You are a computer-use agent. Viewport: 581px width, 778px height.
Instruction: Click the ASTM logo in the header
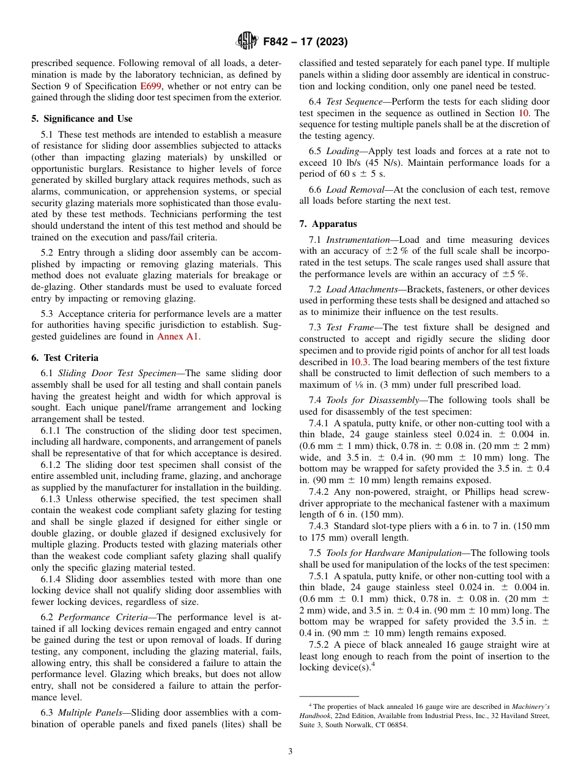(247, 41)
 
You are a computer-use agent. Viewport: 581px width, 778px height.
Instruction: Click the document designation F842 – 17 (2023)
(305, 42)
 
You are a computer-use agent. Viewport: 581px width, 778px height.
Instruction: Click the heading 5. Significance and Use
(82, 119)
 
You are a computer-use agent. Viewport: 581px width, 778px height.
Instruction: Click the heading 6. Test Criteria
(65, 358)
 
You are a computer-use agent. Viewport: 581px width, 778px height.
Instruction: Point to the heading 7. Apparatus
(328, 224)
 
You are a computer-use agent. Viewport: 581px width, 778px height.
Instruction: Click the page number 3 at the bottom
(290, 751)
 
